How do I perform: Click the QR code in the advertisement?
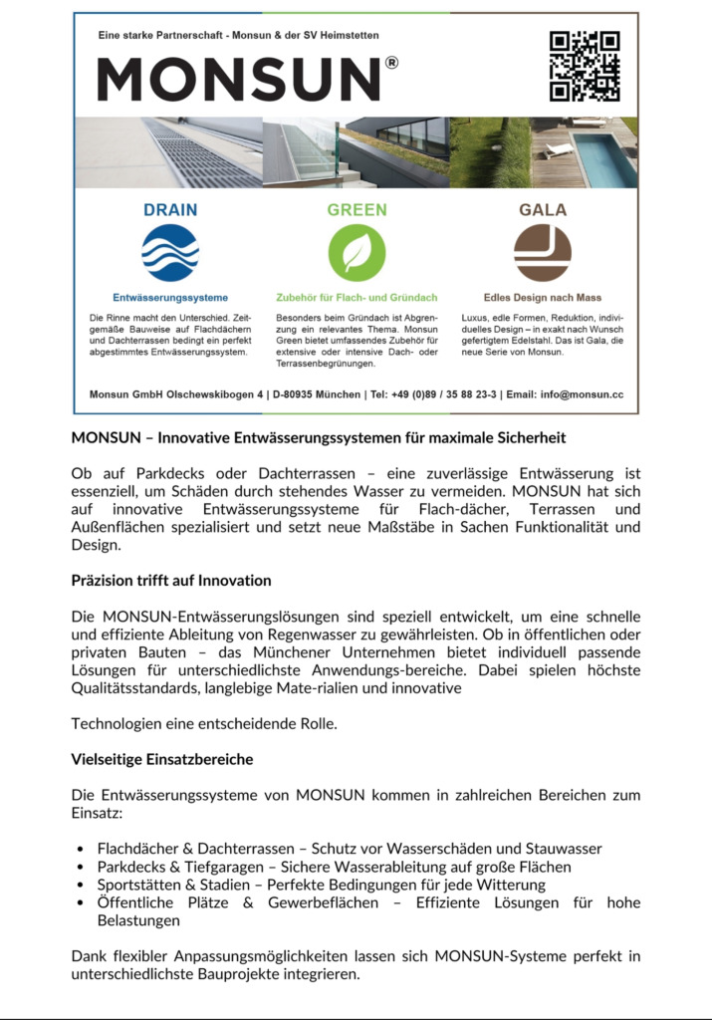[585, 67]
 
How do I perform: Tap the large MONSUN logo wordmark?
[239, 80]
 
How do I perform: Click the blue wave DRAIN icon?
[169, 253]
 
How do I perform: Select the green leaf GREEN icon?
[356, 253]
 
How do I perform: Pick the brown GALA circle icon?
[542, 253]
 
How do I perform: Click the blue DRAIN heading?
[170, 210]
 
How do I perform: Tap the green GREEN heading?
[356, 210]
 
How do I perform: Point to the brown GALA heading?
[543, 210]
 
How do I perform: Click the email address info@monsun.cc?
[581, 394]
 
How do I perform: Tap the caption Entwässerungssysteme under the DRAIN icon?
[170, 297]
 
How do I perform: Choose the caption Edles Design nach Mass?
[543, 297]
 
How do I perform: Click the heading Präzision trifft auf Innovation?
[171, 580]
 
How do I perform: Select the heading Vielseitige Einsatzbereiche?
[162, 759]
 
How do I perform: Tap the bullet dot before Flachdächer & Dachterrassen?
[80, 850]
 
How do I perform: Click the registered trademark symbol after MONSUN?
[391, 62]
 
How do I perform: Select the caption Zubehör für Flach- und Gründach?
[356, 297]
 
